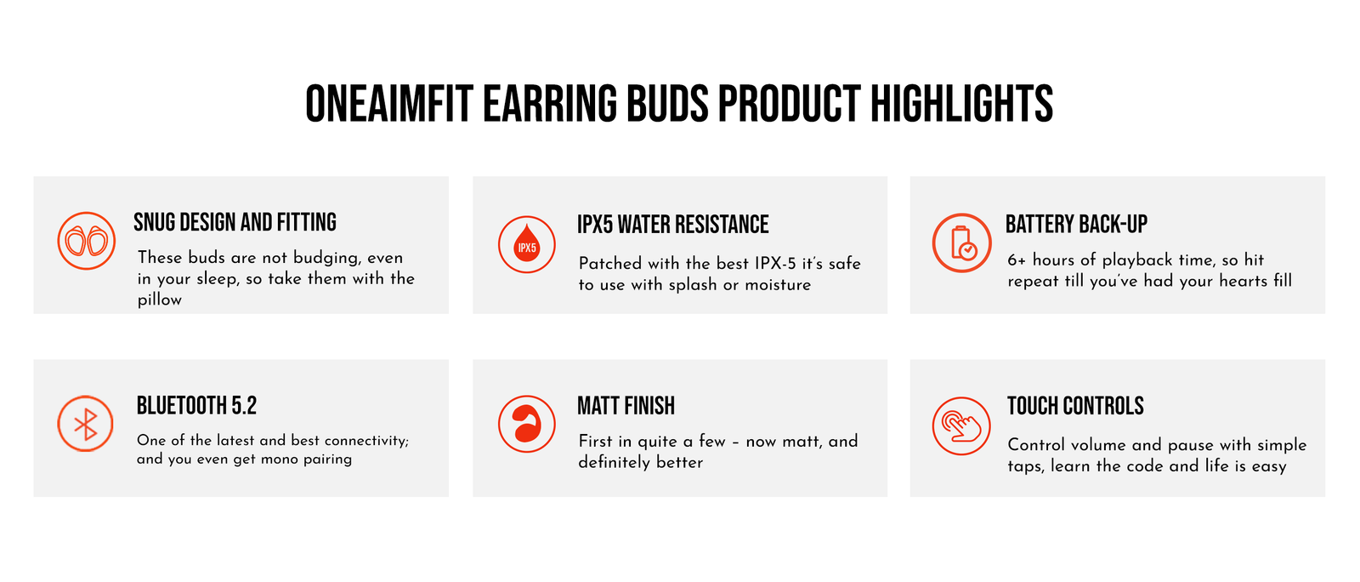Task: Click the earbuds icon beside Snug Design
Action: [x=86, y=241]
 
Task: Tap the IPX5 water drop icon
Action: [x=526, y=244]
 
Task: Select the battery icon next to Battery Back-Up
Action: [x=961, y=242]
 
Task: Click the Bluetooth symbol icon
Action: [x=86, y=424]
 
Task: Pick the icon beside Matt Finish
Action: [x=526, y=424]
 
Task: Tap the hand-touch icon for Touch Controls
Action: [x=961, y=425]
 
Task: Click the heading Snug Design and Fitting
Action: [x=235, y=222]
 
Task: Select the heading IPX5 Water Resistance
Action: [x=672, y=224]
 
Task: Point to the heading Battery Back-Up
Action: [x=1076, y=224]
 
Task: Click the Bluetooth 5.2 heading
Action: [x=196, y=405]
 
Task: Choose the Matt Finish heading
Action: [x=626, y=405]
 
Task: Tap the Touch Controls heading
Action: [x=1075, y=405]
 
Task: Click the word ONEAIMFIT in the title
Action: [x=389, y=104]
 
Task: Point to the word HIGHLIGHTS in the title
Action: [x=961, y=104]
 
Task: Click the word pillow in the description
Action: [x=160, y=300]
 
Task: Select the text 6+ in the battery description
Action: [x=1017, y=260]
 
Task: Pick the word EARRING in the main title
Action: [x=549, y=104]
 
